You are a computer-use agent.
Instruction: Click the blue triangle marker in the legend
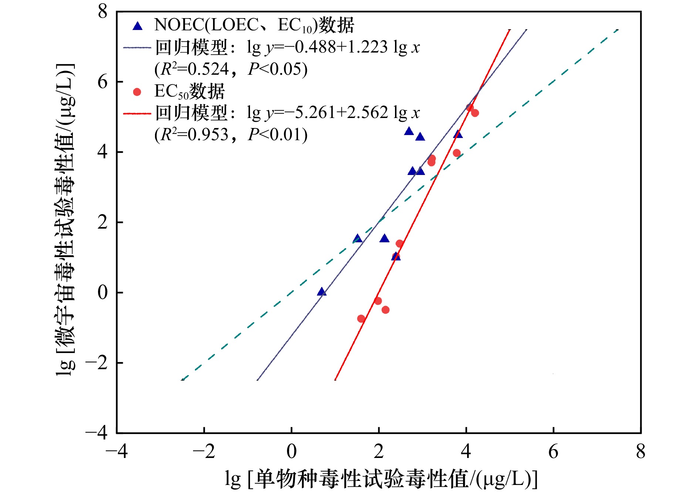(138, 26)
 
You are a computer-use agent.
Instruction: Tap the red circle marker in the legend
(137, 92)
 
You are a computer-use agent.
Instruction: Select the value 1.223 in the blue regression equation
(368, 47)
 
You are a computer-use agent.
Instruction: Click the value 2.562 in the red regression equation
(368, 112)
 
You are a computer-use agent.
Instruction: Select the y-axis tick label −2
(97, 363)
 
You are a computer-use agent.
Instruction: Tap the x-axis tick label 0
(291, 451)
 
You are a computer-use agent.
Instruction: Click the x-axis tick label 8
(641, 451)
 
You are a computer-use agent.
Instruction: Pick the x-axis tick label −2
(204, 451)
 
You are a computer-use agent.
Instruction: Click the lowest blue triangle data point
(322, 292)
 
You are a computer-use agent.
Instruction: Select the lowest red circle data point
(361, 319)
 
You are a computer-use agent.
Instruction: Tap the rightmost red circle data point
(475, 113)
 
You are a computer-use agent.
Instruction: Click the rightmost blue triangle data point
(458, 134)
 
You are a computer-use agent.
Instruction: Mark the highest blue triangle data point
(409, 131)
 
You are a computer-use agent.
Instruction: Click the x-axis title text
(381, 479)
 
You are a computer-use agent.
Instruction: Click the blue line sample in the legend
(137, 48)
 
